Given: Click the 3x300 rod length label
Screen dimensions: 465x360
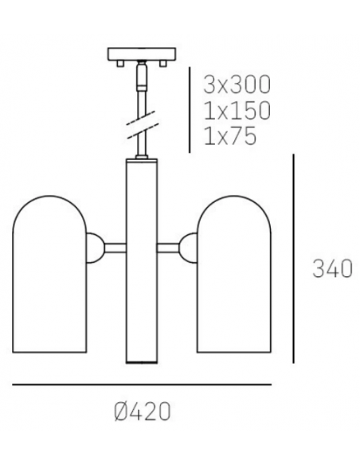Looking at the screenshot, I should [x=237, y=84].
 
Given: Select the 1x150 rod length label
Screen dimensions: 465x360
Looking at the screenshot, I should [x=237, y=111].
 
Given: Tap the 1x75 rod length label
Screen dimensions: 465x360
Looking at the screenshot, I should [x=230, y=137].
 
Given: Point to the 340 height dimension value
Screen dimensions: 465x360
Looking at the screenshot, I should [x=331, y=270].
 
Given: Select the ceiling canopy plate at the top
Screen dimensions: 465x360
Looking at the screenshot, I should [x=141, y=54].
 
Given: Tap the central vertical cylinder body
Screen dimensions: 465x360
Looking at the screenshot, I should [x=141, y=263].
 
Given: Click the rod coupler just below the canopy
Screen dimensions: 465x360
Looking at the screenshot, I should [x=141, y=78].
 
